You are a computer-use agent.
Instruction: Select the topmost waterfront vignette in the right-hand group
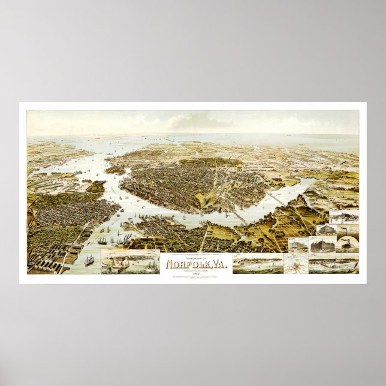tap(343, 217)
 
